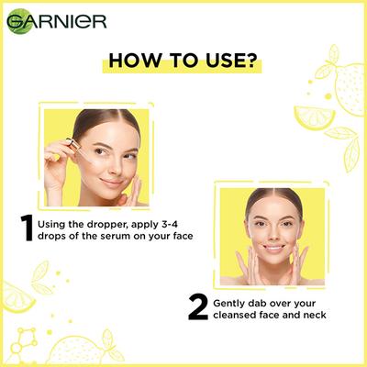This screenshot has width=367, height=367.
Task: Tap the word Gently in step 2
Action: [232, 301]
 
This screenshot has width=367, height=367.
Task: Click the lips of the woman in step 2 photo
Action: [273, 248]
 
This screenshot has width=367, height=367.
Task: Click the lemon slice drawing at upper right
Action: [313, 117]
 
